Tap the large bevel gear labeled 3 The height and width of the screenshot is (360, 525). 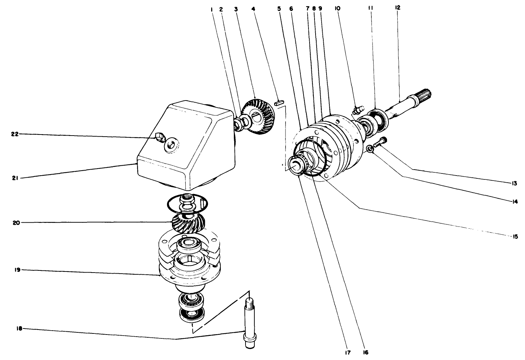click(x=260, y=117)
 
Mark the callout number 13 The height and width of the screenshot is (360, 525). click(x=514, y=183)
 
